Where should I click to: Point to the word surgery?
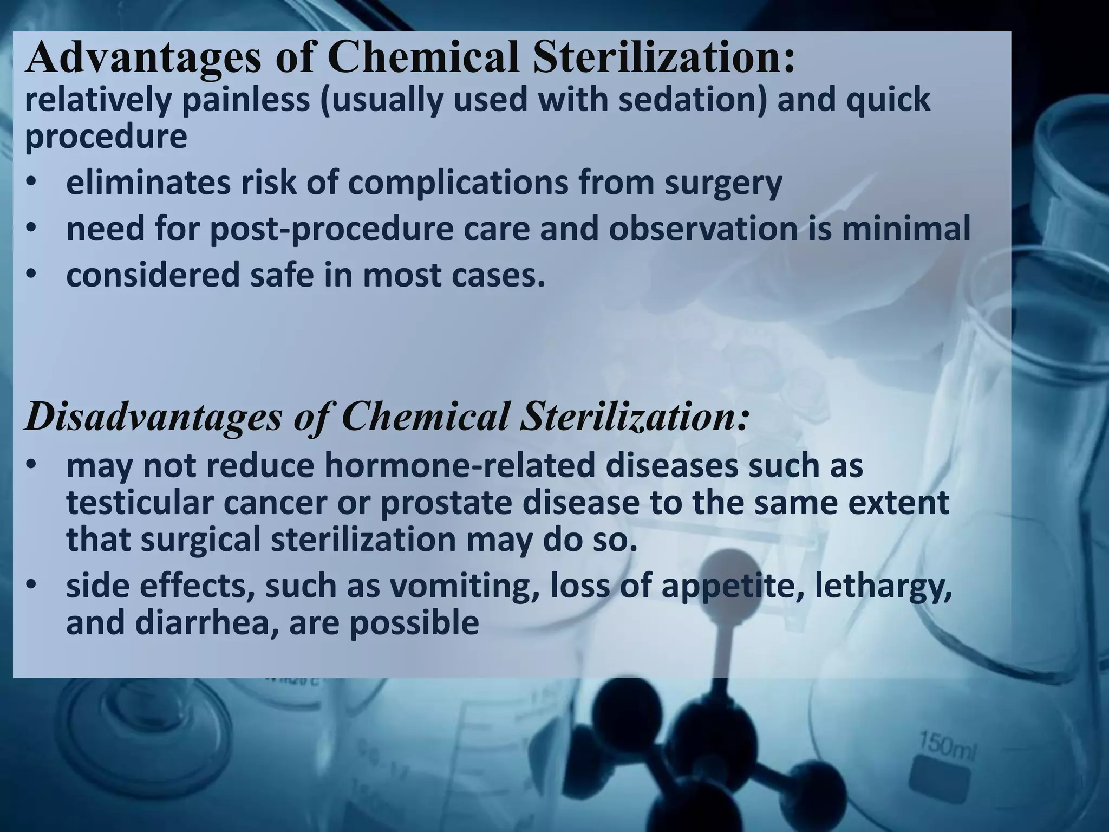[x=723, y=184]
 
